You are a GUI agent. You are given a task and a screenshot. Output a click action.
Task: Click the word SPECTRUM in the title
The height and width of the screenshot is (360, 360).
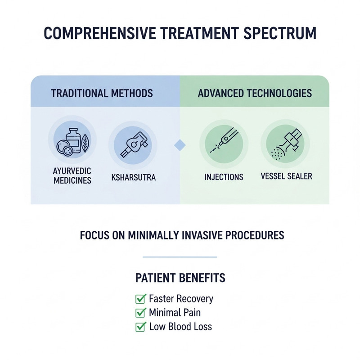(280, 33)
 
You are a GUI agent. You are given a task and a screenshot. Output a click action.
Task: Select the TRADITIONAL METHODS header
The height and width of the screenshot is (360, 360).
(102, 94)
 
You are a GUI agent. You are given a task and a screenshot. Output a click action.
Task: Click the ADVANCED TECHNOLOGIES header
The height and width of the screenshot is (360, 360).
(255, 94)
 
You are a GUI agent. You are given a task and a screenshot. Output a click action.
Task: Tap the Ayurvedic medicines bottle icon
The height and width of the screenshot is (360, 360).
(73, 140)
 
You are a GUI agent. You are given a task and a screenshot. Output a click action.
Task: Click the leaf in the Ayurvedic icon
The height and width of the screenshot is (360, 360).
(85, 144)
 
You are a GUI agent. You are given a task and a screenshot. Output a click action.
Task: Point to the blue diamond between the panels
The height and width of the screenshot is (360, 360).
(180, 145)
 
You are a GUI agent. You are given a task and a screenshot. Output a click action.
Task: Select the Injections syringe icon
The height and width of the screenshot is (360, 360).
(224, 140)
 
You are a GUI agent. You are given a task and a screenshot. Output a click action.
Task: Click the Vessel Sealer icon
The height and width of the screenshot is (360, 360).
(286, 144)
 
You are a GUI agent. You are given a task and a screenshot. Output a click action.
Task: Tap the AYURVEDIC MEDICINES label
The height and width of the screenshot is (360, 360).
(72, 175)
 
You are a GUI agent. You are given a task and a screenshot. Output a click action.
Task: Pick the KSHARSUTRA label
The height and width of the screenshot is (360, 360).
(133, 177)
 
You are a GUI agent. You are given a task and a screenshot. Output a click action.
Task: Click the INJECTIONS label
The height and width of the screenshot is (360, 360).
(224, 177)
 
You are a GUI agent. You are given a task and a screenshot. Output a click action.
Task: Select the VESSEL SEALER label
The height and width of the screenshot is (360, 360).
(287, 176)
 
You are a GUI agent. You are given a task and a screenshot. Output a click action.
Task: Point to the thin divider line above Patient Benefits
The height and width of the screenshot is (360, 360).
(180, 257)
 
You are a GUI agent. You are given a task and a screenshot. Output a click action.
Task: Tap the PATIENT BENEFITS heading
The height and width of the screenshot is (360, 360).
(180, 278)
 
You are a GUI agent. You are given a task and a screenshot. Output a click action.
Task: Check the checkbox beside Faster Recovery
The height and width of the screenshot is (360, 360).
(140, 299)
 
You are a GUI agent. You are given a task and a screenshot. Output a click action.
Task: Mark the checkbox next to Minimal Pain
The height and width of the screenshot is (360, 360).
(140, 313)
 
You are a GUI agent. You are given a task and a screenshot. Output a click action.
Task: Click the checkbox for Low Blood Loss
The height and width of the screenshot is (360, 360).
(140, 327)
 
